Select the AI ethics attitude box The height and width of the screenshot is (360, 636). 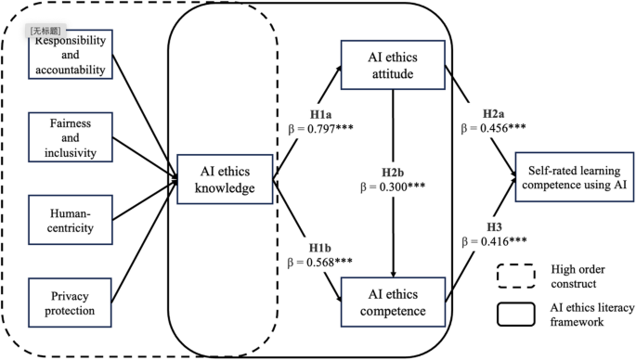point(396,66)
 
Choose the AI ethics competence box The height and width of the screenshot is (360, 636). point(396,300)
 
